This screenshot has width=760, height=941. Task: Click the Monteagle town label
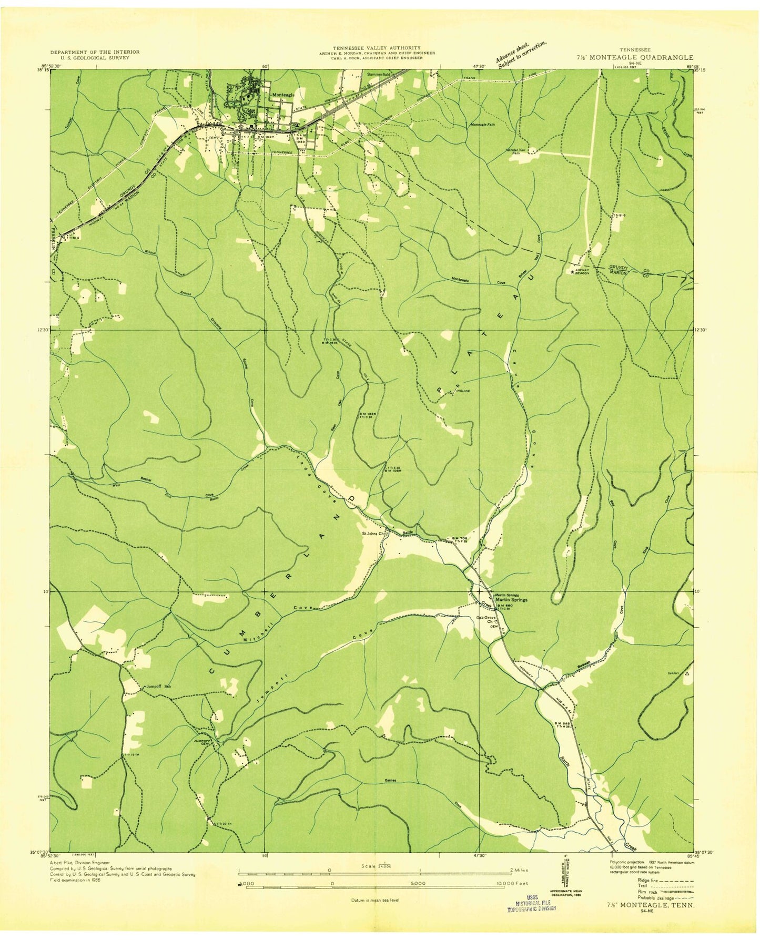[283, 94]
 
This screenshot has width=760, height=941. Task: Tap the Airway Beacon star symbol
[573, 272]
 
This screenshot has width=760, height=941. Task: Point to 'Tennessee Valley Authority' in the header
[376, 48]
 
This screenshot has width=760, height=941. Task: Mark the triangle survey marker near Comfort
[686, 673]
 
